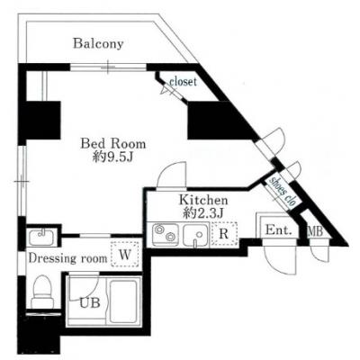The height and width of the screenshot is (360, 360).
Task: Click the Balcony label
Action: point(98,43)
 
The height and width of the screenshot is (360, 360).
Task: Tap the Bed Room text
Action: point(113,144)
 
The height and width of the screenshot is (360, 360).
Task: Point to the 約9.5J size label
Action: point(112,157)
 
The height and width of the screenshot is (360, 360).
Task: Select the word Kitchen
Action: point(203,200)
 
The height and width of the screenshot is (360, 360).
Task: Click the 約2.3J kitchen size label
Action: point(203,213)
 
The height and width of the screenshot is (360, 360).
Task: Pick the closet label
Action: point(183,81)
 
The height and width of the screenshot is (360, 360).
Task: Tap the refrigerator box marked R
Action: point(224,234)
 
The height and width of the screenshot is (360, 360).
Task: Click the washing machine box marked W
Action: point(125,255)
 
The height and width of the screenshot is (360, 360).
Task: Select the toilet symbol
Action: point(43,292)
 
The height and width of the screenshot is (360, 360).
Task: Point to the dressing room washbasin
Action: point(41,238)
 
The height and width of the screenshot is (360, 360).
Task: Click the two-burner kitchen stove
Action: point(165,234)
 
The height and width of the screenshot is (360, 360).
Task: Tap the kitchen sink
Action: point(196,235)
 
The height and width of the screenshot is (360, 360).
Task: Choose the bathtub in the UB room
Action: point(125,301)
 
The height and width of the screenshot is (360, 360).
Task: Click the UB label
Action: point(89,303)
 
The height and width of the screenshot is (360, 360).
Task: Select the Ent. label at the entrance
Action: point(279,230)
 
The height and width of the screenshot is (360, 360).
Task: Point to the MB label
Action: point(315,231)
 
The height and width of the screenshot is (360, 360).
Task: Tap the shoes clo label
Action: point(283,192)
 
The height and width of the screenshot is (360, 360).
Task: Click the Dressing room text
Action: point(67,258)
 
